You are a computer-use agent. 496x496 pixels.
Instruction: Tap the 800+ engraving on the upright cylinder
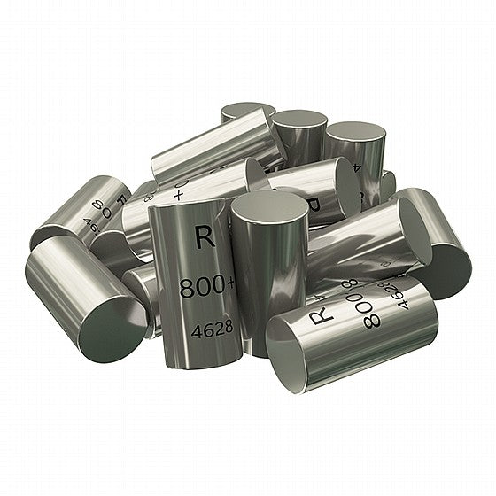pos(205,289)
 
